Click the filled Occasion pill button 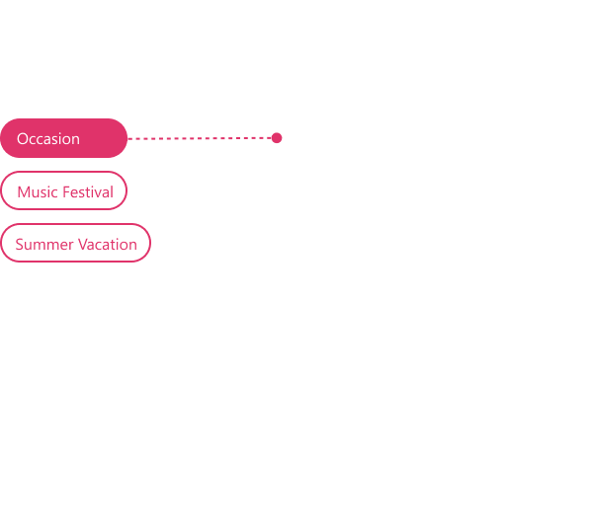[63, 138]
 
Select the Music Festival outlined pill [63, 190]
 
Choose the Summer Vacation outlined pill [75, 243]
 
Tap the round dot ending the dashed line [277, 138]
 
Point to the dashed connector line [200, 138]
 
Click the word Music [38, 192]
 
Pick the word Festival [88, 192]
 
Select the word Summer [44, 245]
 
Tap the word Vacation [108, 245]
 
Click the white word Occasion [48, 139]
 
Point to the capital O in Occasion [22, 139]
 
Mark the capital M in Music [24, 192]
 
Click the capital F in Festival [66, 192]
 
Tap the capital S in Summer [20, 245]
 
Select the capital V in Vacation [84, 245]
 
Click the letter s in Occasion [53, 140]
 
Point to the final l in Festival [112, 191]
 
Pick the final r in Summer [71, 246]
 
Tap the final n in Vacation [132, 246]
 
